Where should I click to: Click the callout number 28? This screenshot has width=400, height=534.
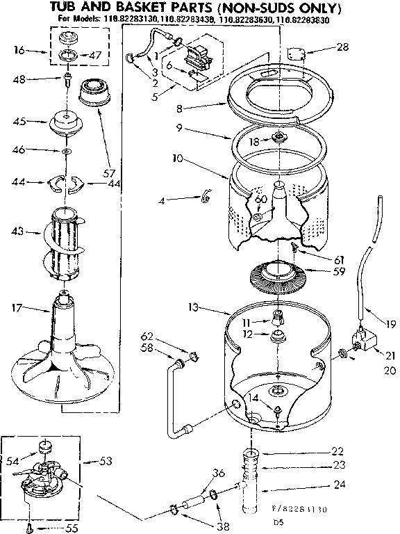click(x=342, y=47)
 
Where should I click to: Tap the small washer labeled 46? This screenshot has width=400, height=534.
click(x=65, y=151)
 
